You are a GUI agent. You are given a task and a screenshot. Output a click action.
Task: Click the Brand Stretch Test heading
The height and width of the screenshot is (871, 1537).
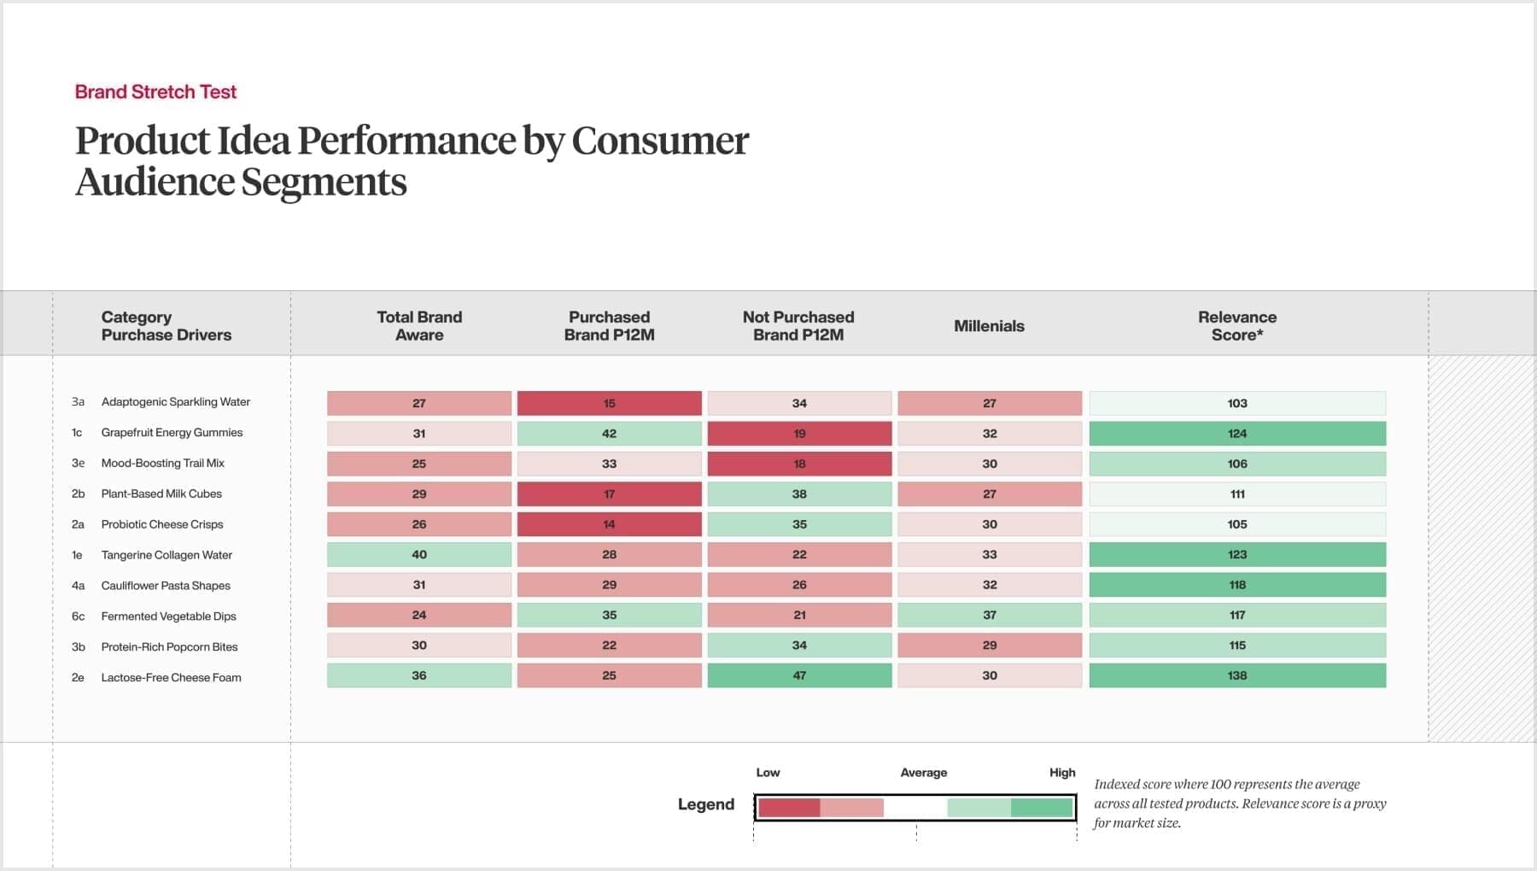point(155,92)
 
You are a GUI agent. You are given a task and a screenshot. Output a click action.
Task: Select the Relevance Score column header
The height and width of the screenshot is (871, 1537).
point(1236,326)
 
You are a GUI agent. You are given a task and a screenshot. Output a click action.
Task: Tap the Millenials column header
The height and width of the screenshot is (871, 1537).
point(989,326)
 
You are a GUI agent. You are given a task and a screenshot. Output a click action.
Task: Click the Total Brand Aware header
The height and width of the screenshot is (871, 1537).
point(419,326)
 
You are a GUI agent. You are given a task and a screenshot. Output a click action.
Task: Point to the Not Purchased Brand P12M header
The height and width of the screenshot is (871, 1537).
point(798,326)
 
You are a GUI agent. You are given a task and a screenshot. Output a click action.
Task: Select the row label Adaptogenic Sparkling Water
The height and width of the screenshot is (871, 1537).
point(175,402)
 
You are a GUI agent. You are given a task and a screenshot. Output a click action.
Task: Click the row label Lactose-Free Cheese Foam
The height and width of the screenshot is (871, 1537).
point(171,678)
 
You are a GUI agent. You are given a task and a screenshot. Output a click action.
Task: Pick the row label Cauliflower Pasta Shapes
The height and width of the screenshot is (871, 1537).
point(166,586)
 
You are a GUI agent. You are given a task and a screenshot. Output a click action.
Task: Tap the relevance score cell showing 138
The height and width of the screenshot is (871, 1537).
point(1236,675)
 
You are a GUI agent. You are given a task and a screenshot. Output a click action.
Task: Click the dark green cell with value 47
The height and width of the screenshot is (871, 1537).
point(799,675)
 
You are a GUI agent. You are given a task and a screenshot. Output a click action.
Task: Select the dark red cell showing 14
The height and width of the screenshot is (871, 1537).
point(609,524)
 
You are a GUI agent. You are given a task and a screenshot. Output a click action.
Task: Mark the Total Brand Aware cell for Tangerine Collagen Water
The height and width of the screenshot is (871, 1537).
point(419,555)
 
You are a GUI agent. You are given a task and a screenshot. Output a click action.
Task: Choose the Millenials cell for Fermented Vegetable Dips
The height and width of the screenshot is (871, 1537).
point(989,615)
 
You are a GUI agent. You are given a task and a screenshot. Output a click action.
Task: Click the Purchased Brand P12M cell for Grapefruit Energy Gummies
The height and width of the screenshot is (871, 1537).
point(609,434)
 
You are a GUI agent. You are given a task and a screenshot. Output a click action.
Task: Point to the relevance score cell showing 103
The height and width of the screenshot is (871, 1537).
point(1236,403)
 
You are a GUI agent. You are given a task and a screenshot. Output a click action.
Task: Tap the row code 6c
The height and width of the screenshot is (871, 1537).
point(78,617)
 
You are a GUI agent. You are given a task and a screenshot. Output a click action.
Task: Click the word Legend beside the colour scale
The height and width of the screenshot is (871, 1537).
point(705,804)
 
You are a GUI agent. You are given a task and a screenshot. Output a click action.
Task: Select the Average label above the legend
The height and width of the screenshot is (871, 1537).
point(923,773)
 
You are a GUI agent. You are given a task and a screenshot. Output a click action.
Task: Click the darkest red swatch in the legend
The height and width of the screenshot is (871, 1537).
point(789,808)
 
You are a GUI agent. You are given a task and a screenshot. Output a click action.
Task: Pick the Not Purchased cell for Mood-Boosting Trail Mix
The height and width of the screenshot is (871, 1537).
point(799,464)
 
